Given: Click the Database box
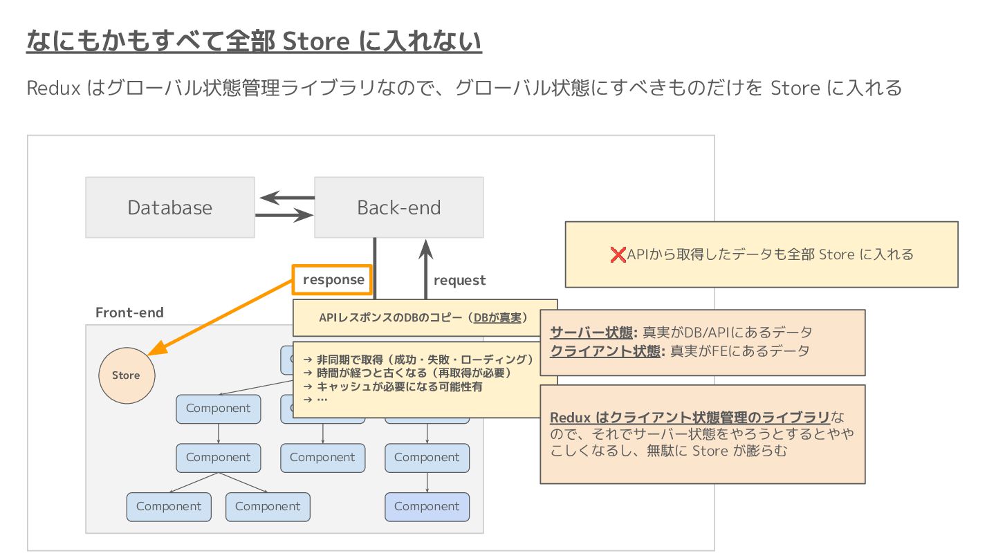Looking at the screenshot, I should click(169, 207).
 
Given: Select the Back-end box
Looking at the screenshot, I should click(398, 207).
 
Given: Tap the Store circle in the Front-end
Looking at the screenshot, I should click(127, 375).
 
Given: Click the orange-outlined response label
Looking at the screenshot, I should click(333, 280).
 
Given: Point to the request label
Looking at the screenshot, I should click(459, 280).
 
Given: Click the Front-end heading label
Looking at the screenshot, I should click(129, 312).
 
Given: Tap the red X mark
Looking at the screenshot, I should click(618, 254).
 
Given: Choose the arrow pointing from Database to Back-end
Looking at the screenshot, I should click(284, 216).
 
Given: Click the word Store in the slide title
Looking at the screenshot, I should click(317, 42).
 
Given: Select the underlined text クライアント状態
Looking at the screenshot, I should click(605, 351).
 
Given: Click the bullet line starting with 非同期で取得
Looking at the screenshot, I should click(418, 360).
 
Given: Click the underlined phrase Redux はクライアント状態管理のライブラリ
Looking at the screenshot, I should click(690, 418).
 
